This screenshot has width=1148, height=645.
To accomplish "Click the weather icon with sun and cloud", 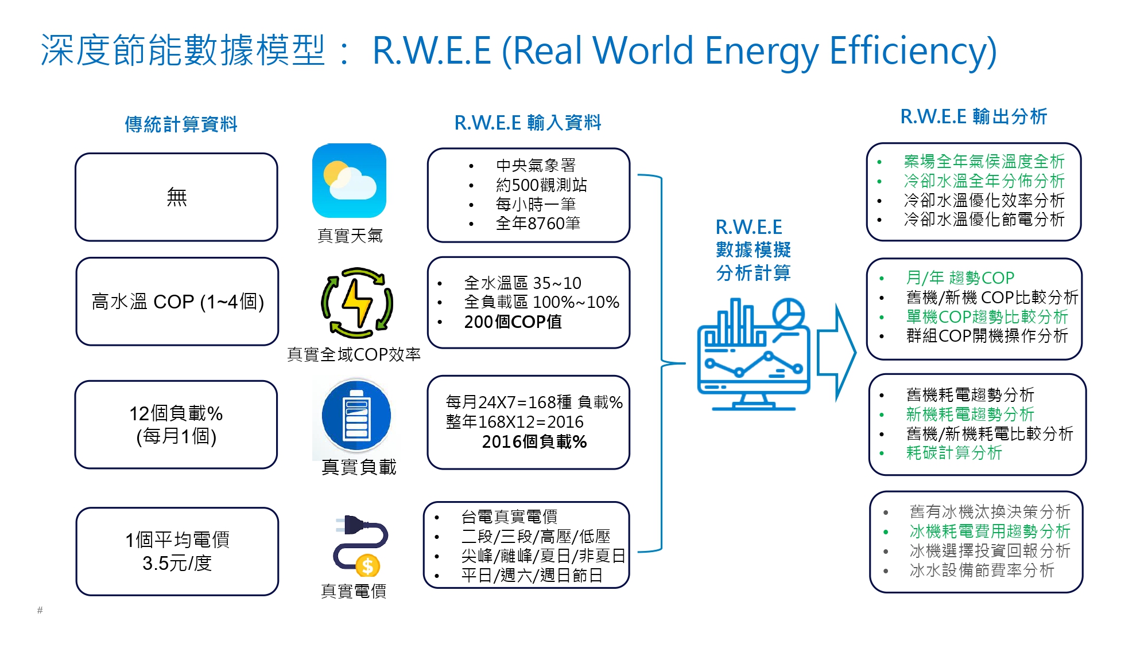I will click(x=349, y=181).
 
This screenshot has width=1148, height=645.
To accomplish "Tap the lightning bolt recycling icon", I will click(x=357, y=303).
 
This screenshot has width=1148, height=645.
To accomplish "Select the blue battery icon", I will click(x=356, y=416).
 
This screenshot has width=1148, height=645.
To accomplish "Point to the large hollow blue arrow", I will click(x=836, y=352).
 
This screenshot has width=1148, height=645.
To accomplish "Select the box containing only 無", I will click(x=176, y=197).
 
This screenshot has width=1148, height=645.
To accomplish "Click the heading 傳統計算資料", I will click(x=181, y=124).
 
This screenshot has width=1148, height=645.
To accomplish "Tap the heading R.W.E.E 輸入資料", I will click(x=528, y=123).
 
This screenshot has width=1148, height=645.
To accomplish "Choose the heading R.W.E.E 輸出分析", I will click(x=974, y=117).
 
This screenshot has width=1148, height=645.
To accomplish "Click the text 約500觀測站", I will click(x=541, y=185).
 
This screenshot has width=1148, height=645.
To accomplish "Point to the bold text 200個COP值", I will click(x=513, y=322).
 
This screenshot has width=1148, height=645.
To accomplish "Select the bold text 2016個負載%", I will click(x=534, y=442).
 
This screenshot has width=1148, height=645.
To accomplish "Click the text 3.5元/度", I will click(x=177, y=564).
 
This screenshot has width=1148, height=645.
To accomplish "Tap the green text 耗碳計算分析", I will click(x=953, y=453).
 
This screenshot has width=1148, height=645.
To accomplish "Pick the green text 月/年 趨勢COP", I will click(x=960, y=278).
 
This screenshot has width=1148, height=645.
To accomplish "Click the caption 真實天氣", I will click(x=350, y=236).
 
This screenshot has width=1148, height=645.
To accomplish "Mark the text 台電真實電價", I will click(x=509, y=517).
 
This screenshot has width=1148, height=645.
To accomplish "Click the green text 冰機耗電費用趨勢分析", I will click(x=990, y=531).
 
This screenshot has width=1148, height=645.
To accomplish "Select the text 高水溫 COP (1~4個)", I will click(x=177, y=302).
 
